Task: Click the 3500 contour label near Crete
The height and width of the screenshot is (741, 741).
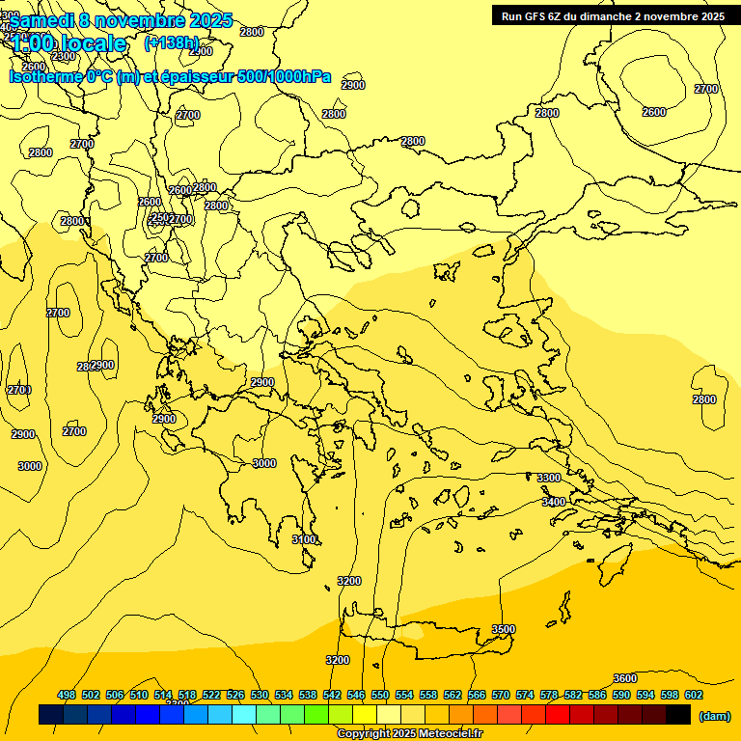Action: click(504, 629)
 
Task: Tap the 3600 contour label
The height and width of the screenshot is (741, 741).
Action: click(625, 678)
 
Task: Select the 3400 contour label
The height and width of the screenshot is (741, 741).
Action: click(554, 502)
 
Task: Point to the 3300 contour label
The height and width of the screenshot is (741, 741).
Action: click(549, 478)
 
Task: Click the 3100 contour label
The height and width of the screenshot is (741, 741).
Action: click(304, 539)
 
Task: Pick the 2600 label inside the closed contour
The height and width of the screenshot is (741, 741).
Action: click(654, 112)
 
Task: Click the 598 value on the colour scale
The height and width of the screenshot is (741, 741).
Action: click(670, 695)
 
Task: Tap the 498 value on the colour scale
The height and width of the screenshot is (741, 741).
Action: click(67, 695)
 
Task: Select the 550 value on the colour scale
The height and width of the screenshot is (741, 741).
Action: click(380, 695)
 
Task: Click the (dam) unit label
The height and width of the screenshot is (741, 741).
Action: click(714, 716)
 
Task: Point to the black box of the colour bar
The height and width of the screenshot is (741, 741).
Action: click(678, 715)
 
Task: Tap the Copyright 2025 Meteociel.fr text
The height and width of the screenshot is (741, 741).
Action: click(409, 734)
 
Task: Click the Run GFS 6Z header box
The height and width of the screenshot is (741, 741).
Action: click(613, 15)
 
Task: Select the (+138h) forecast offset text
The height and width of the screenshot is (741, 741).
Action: click(171, 42)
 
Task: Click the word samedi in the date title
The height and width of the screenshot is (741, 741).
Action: click(44, 20)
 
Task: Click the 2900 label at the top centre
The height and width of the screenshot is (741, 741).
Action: click(353, 85)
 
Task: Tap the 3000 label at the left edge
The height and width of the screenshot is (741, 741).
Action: click(30, 466)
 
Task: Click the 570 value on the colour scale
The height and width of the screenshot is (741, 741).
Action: click(501, 695)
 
